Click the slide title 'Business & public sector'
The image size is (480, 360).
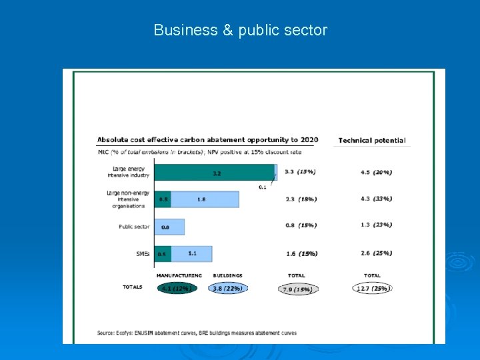(240, 30)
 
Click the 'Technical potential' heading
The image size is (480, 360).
(371, 141)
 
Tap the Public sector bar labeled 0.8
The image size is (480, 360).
(169, 227)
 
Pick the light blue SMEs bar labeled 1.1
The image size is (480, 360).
(192, 253)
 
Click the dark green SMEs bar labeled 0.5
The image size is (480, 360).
(163, 254)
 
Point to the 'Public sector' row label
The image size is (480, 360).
(134, 227)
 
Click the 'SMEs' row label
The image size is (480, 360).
(142, 253)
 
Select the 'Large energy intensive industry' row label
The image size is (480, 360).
(130, 172)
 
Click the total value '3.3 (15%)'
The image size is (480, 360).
(300, 172)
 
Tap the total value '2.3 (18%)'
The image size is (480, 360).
(300, 199)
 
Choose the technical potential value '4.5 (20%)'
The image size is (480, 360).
(376, 172)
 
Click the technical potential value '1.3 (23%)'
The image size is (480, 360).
(376, 225)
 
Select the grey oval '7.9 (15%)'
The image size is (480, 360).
(298, 289)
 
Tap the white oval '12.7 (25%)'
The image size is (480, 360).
(372, 288)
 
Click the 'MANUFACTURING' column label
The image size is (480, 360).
(179, 275)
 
